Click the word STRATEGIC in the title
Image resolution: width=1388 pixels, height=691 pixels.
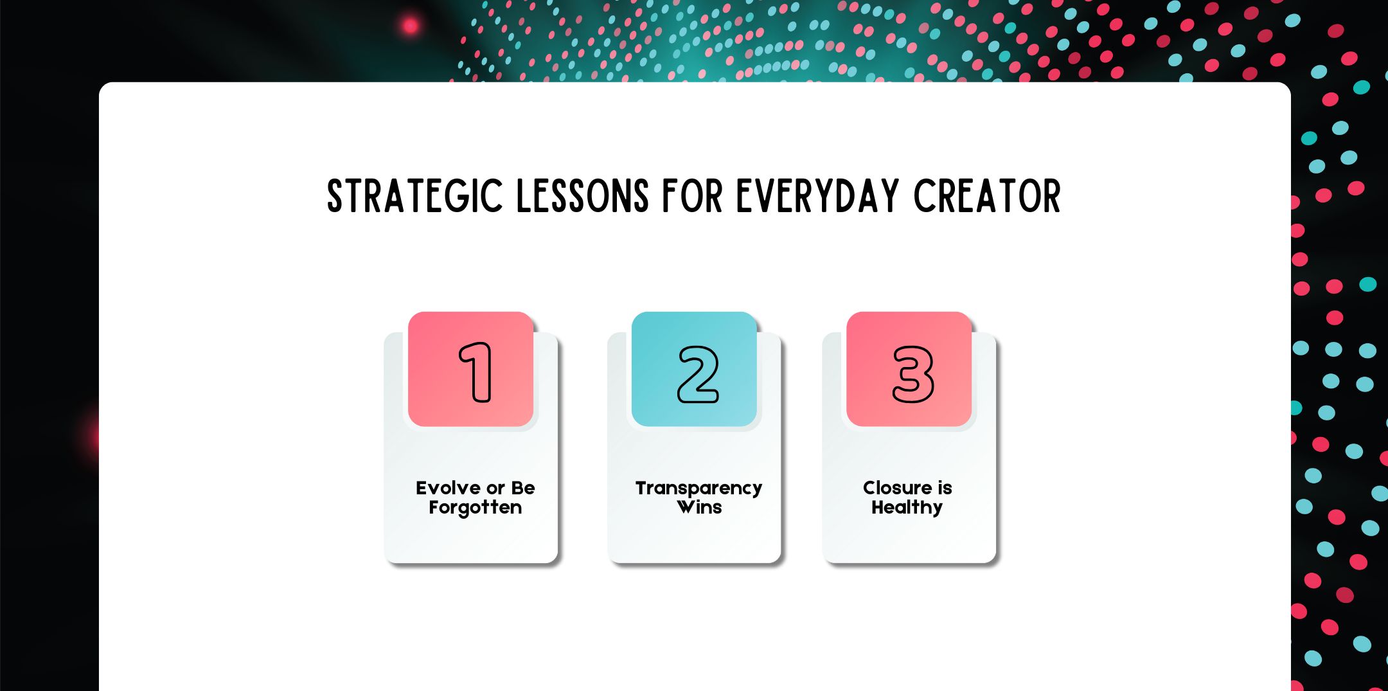pyautogui.click(x=415, y=196)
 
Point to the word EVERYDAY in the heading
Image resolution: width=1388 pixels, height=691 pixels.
pyautogui.click(x=817, y=196)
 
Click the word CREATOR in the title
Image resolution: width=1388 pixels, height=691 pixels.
pyautogui.click(x=987, y=196)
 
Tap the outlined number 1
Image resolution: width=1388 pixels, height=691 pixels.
pyautogui.click(x=476, y=372)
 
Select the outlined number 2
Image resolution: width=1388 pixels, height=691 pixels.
pyautogui.click(x=698, y=375)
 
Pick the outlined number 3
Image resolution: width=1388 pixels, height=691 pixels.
pyautogui.click(x=913, y=375)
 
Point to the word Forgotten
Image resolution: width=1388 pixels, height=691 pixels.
pyautogui.click(x=476, y=508)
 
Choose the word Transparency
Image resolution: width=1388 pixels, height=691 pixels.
pyautogui.click(x=699, y=489)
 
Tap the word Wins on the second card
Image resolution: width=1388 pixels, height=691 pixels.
pyautogui.click(x=699, y=508)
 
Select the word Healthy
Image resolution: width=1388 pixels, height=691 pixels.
pyautogui.click(x=907, y=508)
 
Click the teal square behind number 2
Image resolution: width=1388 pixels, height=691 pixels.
pyautogui.click(x=694, y=369)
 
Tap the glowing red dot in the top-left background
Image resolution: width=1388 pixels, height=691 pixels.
pyautogui.click(x=410, y=26)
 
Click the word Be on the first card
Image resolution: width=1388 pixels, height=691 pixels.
pyautogui.click(x=523, y=488)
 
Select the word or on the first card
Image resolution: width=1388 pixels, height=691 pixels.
pyautogui.click(x=496, y=489)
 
